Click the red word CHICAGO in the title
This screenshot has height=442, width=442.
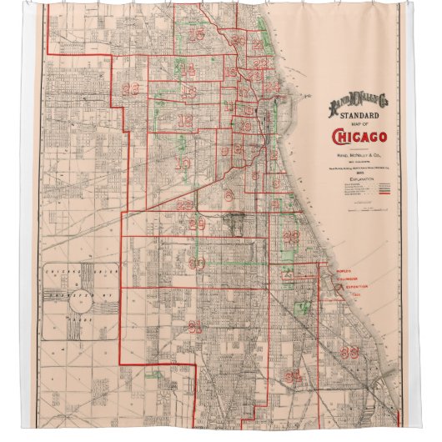pyautogui.click(x=353, y=138)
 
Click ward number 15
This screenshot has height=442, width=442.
pyautogui.click(x=197, y=34)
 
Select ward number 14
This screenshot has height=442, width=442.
pyautogui.click(x=188, y=68)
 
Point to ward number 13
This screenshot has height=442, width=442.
pyautogui.click(x=191, y=92)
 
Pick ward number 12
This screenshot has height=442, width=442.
pyautogui.click(x=185, y=122)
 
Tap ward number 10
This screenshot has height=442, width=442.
pyautogui.click(x=181, y=163)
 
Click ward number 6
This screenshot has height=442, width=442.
pyautogui.click(x=228, y=195)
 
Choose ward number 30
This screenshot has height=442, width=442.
pyautogui.click(x=197, y=264)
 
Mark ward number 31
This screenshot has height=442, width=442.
pyautogui.click(x=194, y=326)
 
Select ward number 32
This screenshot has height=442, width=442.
pyautogui.click(x=291, y=237)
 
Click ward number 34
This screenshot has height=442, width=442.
pyautogui.click(x=292, y=377)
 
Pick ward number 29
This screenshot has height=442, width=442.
pyautogui.click(x=197, y=224)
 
